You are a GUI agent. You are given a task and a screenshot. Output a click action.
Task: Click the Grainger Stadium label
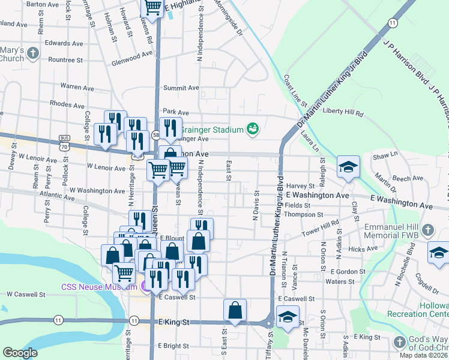pyautogui.click(x=212, y=129)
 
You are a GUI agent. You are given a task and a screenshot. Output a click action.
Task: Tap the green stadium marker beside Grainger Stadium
pyautogui.click(x=253, y=128)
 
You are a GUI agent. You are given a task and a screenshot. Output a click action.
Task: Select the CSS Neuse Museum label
pyautogui.click(x=100, y=287)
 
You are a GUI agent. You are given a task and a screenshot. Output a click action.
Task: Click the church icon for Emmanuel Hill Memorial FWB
pyautogui.click(x=427, y=230)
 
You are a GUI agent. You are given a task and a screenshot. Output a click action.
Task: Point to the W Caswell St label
pyautogui.click(x=26, y=295)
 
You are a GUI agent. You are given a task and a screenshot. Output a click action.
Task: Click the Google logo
pyautogui.click(x=20, y=353)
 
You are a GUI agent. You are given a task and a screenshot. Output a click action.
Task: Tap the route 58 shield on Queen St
pyautogui.click(x=155, y=134)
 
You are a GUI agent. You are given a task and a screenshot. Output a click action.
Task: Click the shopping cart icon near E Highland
pyautogui.click(x=152, y=7)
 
